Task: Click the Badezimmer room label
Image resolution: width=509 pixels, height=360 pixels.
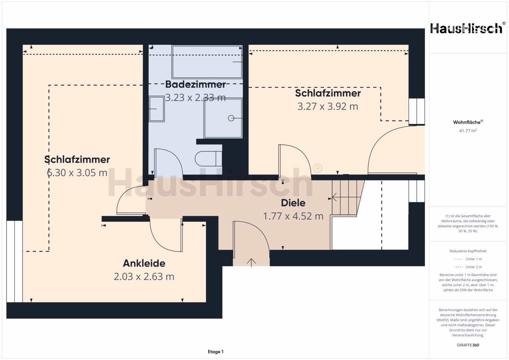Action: pyautogui.click(x=195, y=84)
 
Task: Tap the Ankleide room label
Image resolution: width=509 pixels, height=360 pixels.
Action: pyautogui.click(x=144, y=263)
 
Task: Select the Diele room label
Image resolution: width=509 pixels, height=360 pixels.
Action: pyautogui.click(x=293, y=203)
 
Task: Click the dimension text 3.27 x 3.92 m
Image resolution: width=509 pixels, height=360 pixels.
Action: pyautogui.click(x=328, y=106)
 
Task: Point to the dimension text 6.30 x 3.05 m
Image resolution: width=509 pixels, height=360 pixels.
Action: pyautogui.click(x=77, y=173)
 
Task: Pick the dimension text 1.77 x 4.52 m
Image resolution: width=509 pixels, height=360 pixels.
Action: pyautogui.click(x=293, y=216)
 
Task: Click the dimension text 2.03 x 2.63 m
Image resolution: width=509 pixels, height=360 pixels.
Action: pyautogui.click(x=144, y=277)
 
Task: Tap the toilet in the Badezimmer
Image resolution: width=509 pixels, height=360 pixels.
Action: pyautogui.click(x=208, y=159)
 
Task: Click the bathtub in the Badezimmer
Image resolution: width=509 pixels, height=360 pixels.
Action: pyautogui.click(x=207, y=62)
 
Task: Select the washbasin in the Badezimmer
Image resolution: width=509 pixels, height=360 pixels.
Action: pyautogui.click(x=157, y=109)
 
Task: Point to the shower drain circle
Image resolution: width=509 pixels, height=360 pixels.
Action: pyautogui.click(x=231, y=118)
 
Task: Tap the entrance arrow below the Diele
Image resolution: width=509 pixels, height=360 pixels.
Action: pyautogui.click(x=251, y=263)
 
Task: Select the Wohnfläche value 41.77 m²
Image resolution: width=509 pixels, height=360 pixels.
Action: pyautogui.click(x=468, y=131)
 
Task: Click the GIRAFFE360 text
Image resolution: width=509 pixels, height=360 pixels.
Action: pyautogui.click(x=468, y=345)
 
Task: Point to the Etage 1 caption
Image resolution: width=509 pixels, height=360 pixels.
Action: pyautogui.click(x=216, y=352)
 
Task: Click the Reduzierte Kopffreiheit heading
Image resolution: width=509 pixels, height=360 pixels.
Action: pyautogui.click(x=468, y=251)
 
